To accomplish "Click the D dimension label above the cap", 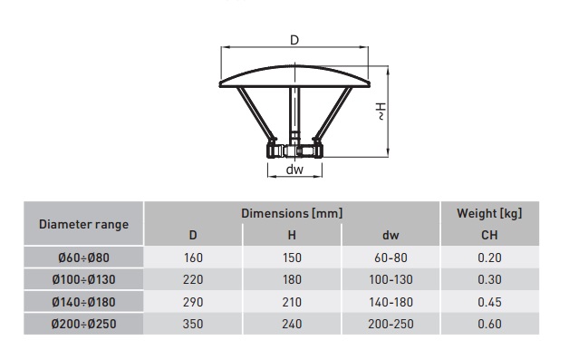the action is [x=294, y=40].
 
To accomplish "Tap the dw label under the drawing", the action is [x=294, y=170].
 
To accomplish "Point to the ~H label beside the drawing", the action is [x=381, y=112].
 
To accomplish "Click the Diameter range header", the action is [x=84, y=224].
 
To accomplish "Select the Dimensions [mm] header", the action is [x=292, y=213].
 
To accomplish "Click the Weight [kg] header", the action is [x=489, y=213].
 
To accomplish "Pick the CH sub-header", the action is [x=489, y=236].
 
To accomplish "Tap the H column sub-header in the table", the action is [x=292, y=236].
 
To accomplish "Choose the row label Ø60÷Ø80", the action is [x=84, y=258].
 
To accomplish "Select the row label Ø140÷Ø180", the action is [x=84, y=302].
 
